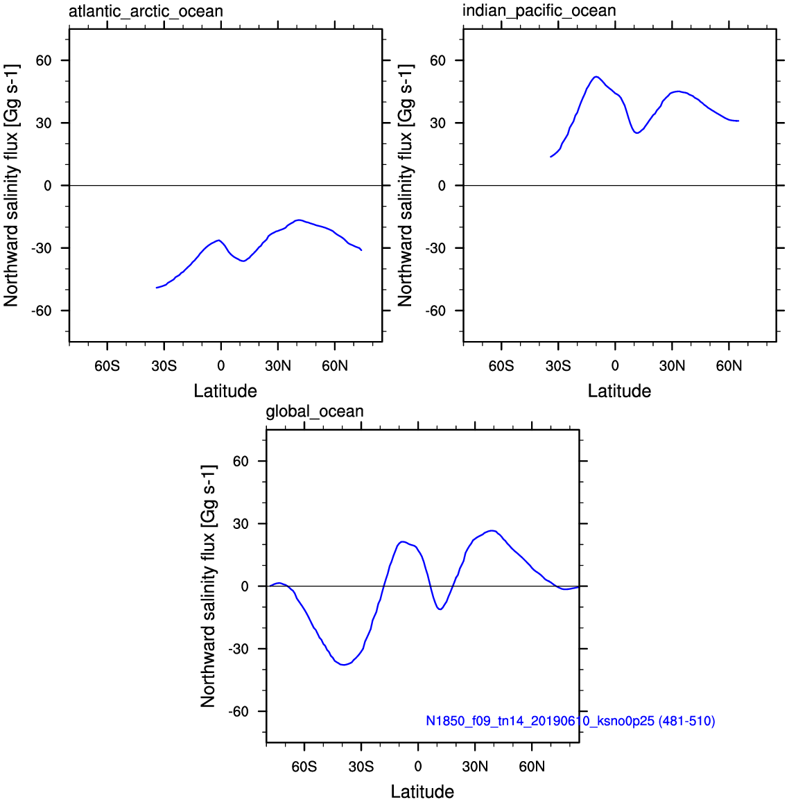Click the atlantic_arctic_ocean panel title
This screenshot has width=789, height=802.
coord(146,11)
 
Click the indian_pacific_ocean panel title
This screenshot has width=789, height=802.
coord(539,10)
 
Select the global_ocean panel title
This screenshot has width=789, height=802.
coord(315,411)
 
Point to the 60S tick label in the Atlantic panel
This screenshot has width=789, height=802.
coord(107,366)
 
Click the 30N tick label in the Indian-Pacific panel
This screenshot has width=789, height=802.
coord(672,366)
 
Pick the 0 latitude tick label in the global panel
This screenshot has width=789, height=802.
coord(418,767)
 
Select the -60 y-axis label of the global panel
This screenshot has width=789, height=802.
coord(239,711)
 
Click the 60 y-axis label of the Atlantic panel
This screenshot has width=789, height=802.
coord(44,60)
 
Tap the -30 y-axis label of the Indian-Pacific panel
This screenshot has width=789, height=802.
coord(435,248)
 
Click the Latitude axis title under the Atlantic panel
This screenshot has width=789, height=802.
coord(225,391)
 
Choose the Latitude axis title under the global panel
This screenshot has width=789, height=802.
coord(422,792)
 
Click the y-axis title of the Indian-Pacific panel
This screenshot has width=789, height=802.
coord(405,185)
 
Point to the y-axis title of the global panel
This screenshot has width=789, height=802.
coord(208,586)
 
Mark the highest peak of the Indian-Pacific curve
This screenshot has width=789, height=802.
coord(596,77)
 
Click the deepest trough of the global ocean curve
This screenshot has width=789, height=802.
coord(343,665)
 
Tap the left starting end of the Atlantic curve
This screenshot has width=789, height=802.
coord(157,288)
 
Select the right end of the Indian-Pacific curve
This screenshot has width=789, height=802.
coord(738,121)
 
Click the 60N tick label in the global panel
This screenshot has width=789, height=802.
coord(532,767)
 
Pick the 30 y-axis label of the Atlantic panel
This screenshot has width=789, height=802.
coord(44,123)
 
